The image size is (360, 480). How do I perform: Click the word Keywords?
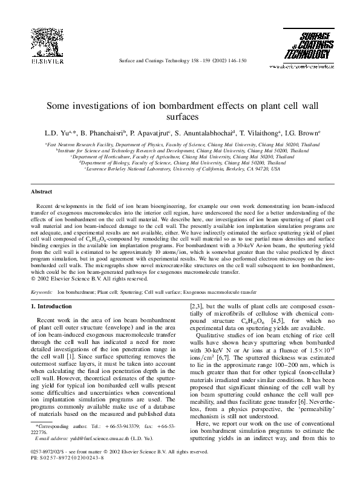pyautogui.click(x=41, y=291)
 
